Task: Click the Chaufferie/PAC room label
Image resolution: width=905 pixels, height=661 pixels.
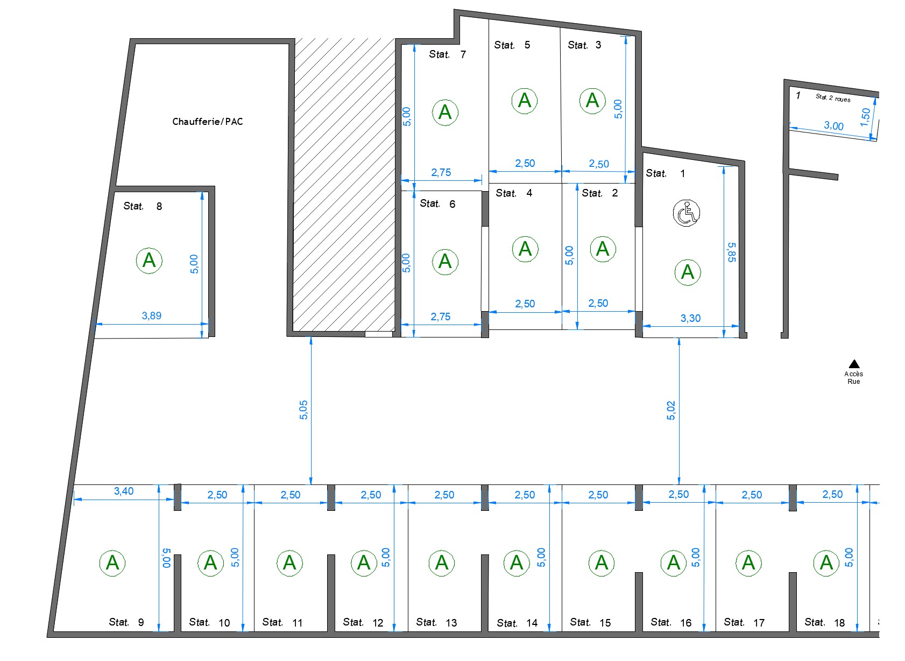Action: tap(208, 122)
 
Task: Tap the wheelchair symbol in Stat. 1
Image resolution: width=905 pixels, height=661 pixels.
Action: tap(687, 213)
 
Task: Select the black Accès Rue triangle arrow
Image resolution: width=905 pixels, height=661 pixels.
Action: tap(854, 364)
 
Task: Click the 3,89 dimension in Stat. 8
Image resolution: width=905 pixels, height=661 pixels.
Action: tap(152, 316)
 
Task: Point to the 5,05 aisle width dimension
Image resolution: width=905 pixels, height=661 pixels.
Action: tap(303, 410)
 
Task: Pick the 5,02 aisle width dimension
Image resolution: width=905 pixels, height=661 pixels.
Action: tap(670, 410)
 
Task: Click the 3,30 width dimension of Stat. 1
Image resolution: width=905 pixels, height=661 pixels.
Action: tap(690, 319)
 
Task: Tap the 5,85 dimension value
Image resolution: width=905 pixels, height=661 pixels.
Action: tap(732, 252)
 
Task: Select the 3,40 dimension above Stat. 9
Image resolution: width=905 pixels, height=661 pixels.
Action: tap(124, 491)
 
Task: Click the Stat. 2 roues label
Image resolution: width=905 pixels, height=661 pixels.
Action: tap(833, 98)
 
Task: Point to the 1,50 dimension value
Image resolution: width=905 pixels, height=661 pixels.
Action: tap(865, 117)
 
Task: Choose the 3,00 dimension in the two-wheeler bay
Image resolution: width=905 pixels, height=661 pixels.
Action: tap(834, 126)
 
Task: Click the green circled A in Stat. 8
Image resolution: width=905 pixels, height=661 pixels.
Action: tap(149, 261)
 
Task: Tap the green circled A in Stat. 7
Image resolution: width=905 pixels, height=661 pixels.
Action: tap(445, 113)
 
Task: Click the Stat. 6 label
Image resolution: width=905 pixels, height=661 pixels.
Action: tap(437, 204)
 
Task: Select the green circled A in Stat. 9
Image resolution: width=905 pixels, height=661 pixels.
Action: tap(112, 563)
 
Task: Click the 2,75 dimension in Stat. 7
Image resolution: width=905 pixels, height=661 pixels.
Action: tap(441, 173)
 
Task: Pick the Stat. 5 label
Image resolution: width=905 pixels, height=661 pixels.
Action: tap(512, 45)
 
